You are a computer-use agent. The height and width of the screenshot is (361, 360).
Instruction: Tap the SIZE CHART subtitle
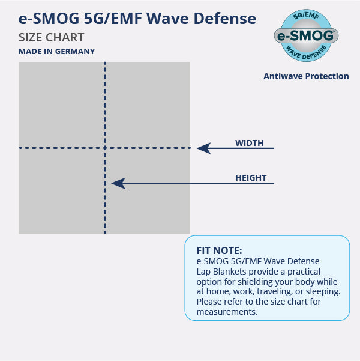(x=52, y=37)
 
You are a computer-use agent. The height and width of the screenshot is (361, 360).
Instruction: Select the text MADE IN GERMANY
(x=56, y=52)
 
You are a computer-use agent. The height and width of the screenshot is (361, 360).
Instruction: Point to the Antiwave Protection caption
(x=306, y=76)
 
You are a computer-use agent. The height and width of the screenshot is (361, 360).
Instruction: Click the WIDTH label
(x=249, y=143)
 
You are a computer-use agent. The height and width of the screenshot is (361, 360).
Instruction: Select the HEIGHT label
(x=251, y=178)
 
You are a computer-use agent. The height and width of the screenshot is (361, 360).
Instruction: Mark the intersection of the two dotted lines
(x=105, y=148)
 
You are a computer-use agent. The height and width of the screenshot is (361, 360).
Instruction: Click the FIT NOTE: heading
(x=220, y=250)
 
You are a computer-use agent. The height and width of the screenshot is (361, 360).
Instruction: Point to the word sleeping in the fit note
(x=322, y=292)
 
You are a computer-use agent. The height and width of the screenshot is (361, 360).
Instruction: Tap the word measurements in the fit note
(x=227, y=312)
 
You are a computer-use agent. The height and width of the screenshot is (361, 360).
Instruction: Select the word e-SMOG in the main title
(x=45, y=19)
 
